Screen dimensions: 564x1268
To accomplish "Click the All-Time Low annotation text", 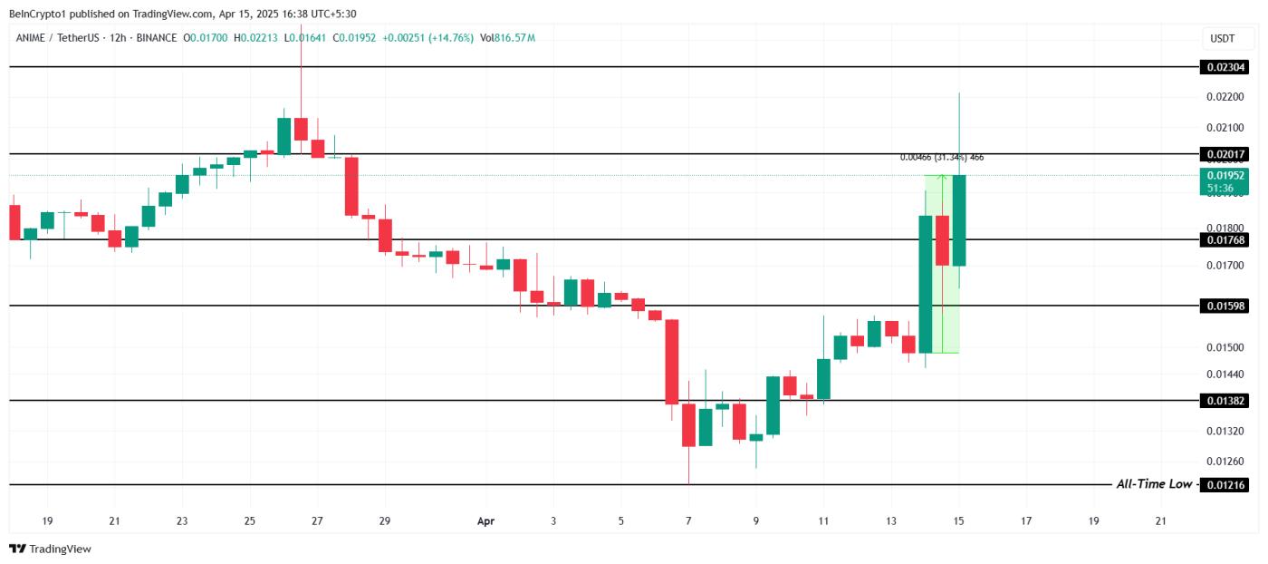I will (1153, 484).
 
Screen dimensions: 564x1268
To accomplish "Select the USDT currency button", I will (1222, 38).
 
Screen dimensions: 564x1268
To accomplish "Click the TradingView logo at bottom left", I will (51, 549).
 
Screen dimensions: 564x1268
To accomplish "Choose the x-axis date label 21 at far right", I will (1161, 521).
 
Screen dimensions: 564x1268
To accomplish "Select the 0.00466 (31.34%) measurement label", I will (941, 157).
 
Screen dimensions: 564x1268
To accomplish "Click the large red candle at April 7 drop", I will (672, 362).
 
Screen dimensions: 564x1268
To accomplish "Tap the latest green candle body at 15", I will (959, 220).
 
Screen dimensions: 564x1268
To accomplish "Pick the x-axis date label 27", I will (317, 521).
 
